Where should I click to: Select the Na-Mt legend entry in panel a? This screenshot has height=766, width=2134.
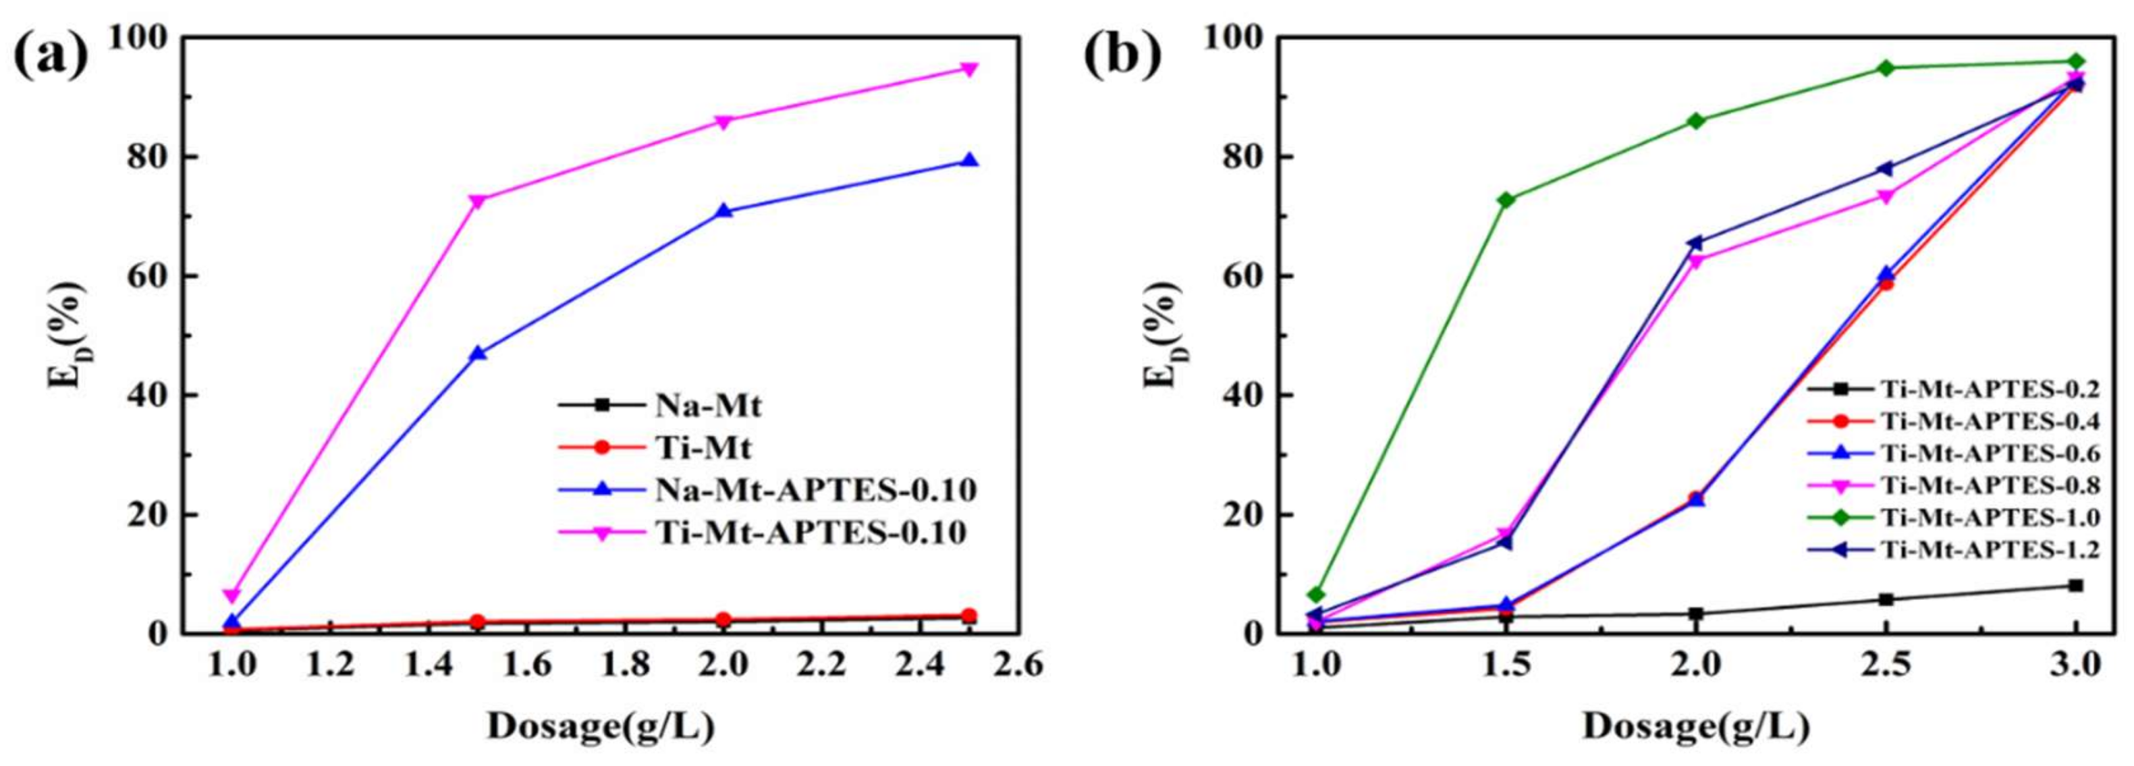[x=708, y=406]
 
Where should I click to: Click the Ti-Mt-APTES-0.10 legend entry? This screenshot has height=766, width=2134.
[x=811, y=532]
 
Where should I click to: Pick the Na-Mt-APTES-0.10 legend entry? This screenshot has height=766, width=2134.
[x=816, y=490]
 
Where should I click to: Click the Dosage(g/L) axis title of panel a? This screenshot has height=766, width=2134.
[x=601, y=727]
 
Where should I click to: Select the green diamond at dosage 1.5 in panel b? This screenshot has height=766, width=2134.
[x=1506, y=200]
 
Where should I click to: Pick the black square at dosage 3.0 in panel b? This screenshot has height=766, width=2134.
[x=2076, y=586]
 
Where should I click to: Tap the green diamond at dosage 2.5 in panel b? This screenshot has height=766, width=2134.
[x=1886, y=68]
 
